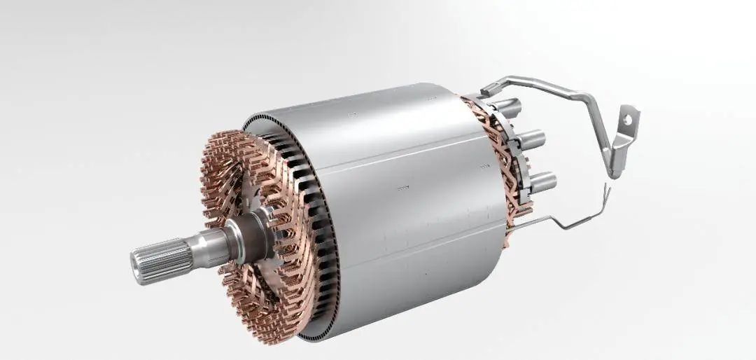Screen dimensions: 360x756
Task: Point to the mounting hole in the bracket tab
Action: coord(627,120)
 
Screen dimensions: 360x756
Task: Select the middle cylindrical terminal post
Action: coord(532,137)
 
